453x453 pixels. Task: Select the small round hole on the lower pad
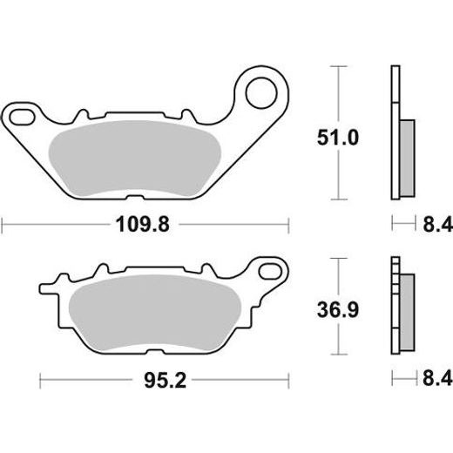point(261,270)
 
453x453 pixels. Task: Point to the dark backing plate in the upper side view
point(393,131)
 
